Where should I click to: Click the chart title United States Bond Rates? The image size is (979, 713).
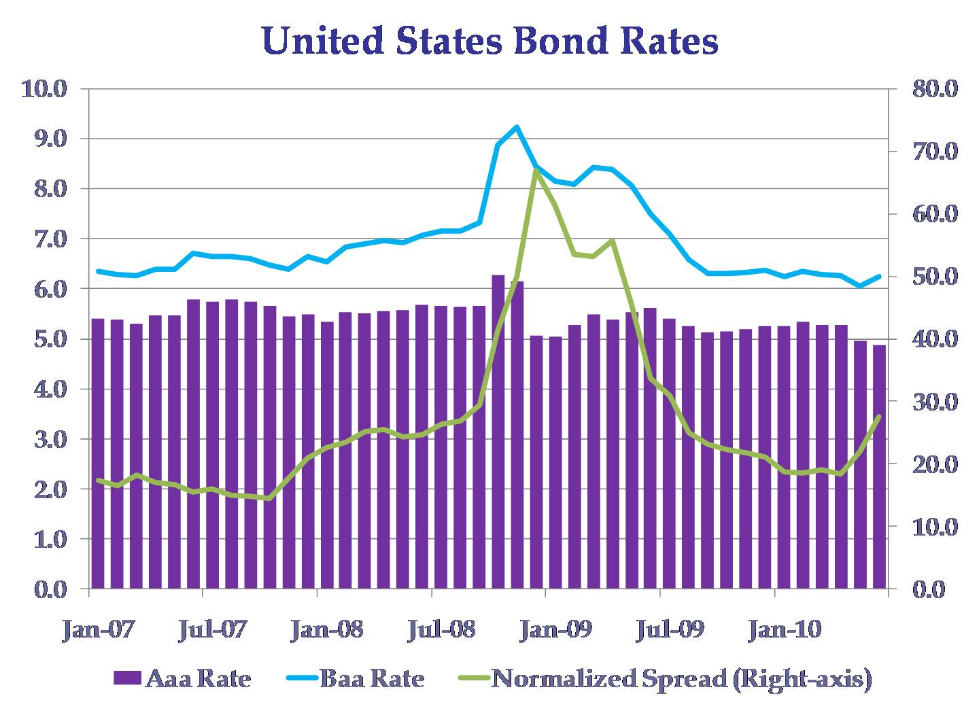(x=489, y=41)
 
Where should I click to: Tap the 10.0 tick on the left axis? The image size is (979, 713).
(x=45, y=89)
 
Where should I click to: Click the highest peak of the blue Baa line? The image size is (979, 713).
(x=517, y=126)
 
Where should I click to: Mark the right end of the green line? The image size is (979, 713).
(x=879, y=417)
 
